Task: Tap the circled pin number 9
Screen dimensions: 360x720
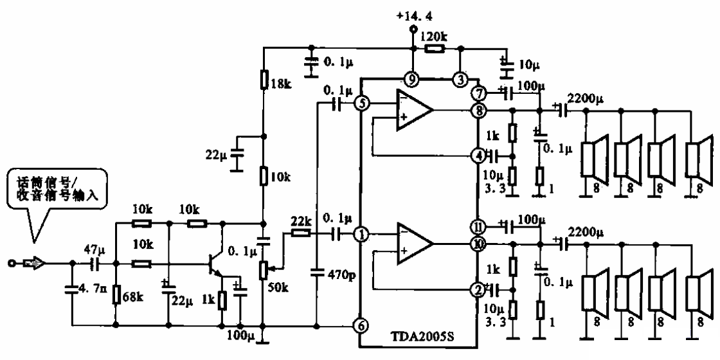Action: point(410,79)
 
